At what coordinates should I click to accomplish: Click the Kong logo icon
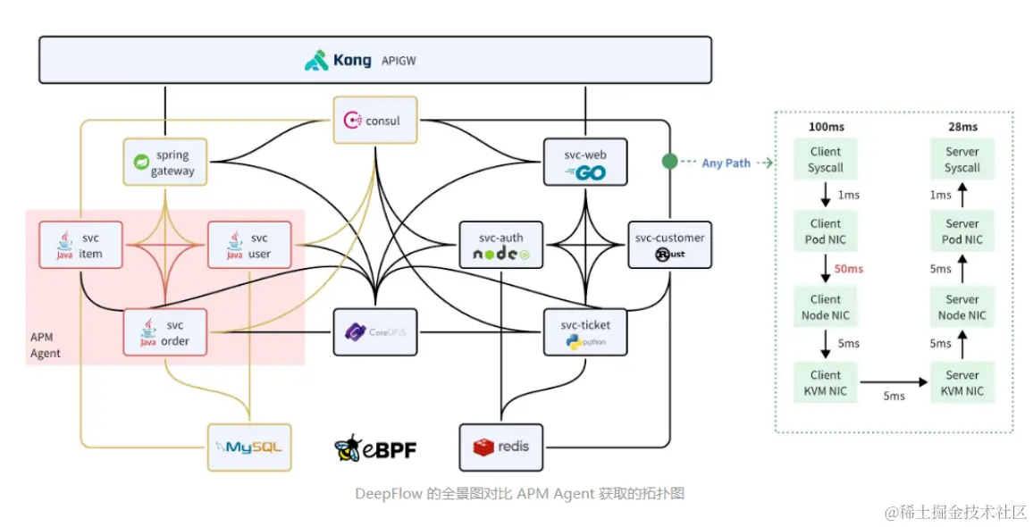(x=316, y=60)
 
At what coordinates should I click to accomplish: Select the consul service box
(x=374, y=120)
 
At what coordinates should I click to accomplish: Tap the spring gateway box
(x=164, y=162)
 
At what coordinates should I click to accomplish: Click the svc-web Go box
(x=585, y=162)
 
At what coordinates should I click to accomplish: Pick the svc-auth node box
(x=500, y=245)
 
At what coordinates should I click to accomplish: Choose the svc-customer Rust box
(x=669, y=245)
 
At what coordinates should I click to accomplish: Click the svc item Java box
(x=80, y=245)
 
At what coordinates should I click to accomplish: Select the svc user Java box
(x=249, y=245)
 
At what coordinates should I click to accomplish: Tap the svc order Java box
(x=164, y=332)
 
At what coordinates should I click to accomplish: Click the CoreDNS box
(x=374, y=332)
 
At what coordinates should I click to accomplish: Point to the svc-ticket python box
(x=585, y=332)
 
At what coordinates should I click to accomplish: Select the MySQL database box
(x=249, y=448)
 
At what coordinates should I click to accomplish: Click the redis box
(x=500, y=448)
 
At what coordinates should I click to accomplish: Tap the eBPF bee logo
(x=348, y=448)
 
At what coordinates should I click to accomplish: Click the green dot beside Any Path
(x=669, y=162)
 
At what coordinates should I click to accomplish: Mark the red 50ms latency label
(x=849, y=269)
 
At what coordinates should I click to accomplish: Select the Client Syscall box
(x=826, y=159)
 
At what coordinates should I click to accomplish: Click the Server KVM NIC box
(x=962, y=382)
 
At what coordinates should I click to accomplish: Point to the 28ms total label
(x=962, y=127)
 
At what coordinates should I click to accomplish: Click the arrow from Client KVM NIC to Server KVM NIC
(x=894, y=382)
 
